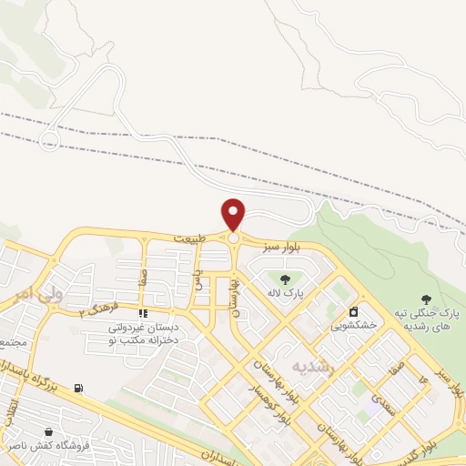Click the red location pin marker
point(234,214)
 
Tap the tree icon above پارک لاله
point(286,279)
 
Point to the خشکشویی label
point(350,325)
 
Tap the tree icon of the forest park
point(425,298)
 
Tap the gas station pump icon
point(78,389)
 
